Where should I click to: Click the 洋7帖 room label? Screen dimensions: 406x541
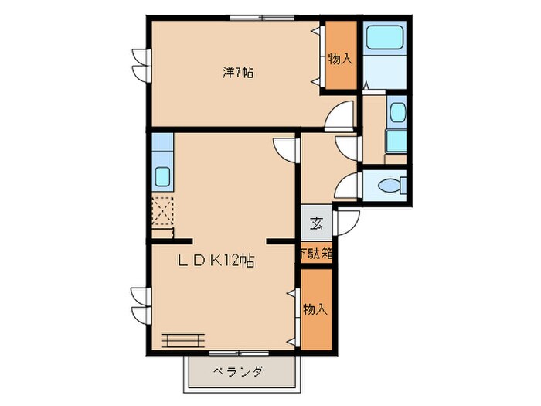click(x=239, y=73)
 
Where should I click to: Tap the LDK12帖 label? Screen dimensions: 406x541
click(x=216, y=261)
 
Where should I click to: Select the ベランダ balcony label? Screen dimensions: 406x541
click(x=237, y=372)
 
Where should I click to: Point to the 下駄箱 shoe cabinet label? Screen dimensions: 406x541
click(x=316, y=254)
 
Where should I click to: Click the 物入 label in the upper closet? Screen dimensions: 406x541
click(x=339, y=58)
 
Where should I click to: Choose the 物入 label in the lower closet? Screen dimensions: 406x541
click(x=315, y=309)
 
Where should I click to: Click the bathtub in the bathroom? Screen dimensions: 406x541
click(x=383, y=38)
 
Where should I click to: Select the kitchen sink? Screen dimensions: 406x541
click(x=163, y=176)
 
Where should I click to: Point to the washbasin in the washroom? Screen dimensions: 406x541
click(x=396, y=113)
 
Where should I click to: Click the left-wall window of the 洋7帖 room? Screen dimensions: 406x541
click(x=140, y=65)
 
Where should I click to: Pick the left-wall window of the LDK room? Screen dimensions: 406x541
click(x=139, y=305)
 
